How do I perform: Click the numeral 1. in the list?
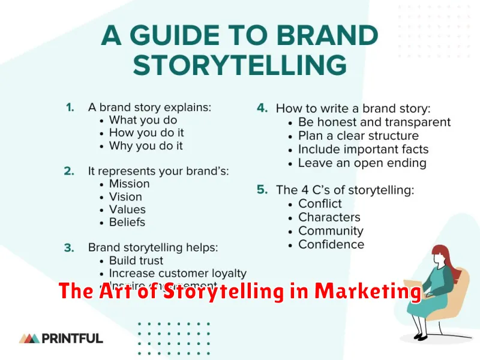click(x=70, y=107)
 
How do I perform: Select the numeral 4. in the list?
click(x=262, y=109)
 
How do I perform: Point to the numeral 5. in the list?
click(x=262, y=190)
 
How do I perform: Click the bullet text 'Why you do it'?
click(x=146, y=146)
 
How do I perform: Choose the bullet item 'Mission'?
click(x=129, y=184)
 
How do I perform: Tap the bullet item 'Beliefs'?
click(x=127, y=222)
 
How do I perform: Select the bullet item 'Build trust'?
click(x=136, y=260)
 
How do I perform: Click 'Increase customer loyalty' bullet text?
click(x=178, y=274)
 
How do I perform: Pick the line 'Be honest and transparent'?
click(x=374, y=122)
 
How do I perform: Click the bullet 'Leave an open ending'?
click(x=362, y=163)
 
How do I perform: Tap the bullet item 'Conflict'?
click(x=320, y=204)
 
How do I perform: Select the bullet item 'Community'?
click(x=331, y=231)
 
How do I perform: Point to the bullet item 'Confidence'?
click(x=331, y=244)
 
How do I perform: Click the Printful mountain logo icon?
click(x=29, y=338)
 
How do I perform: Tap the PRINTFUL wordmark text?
click(x=73, y=338)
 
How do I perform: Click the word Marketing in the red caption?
click(x=368, y=292)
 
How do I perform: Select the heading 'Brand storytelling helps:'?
click(x=152, y=247)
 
